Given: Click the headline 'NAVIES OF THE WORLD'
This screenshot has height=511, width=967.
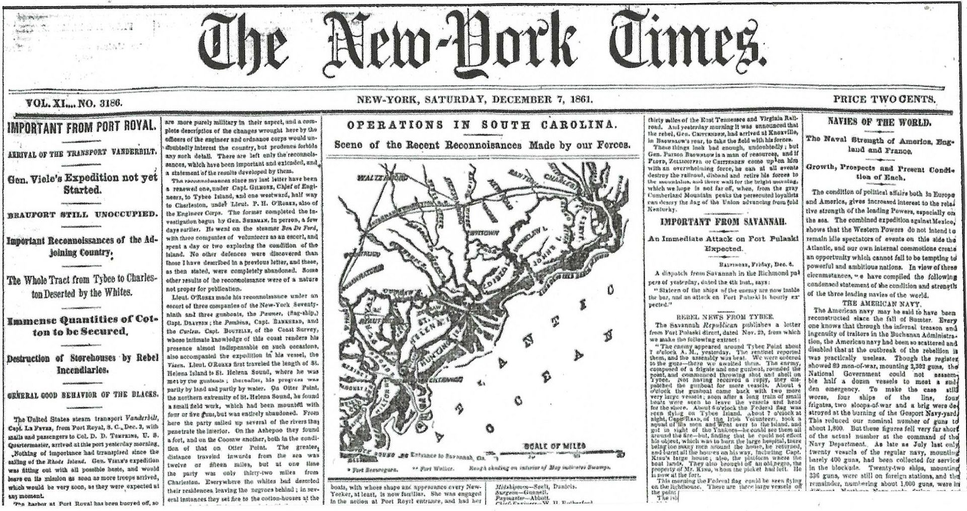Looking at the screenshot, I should pyautogui.click(x=879, y=122).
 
